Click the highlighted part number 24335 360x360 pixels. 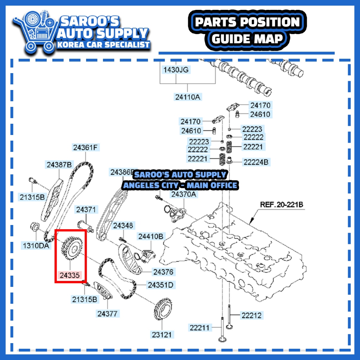click(x=70, y=275)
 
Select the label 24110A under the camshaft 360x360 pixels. click(x=188, y=96)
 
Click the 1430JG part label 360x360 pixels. click(x=176, y=70)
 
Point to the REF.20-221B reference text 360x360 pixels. click(x=281, y=204)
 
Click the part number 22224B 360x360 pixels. click(x=256, y=162)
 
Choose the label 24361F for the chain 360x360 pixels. click(x=85, y=148)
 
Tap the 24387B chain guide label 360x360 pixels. click(x=59, y=164)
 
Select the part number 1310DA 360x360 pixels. click(x=36, y=245)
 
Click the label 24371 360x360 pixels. click(x=86, y=210)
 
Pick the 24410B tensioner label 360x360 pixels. click(x=150, y=236)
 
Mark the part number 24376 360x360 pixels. click(x=163, y=272)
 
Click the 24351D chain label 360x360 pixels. click(x=160, y=285)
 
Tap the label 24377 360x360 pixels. click(x=108, y=313)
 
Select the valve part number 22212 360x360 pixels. click(x=251, y=315)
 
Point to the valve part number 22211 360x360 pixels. click(x=199, y=328)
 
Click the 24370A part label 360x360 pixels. click(x=184, y=194)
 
